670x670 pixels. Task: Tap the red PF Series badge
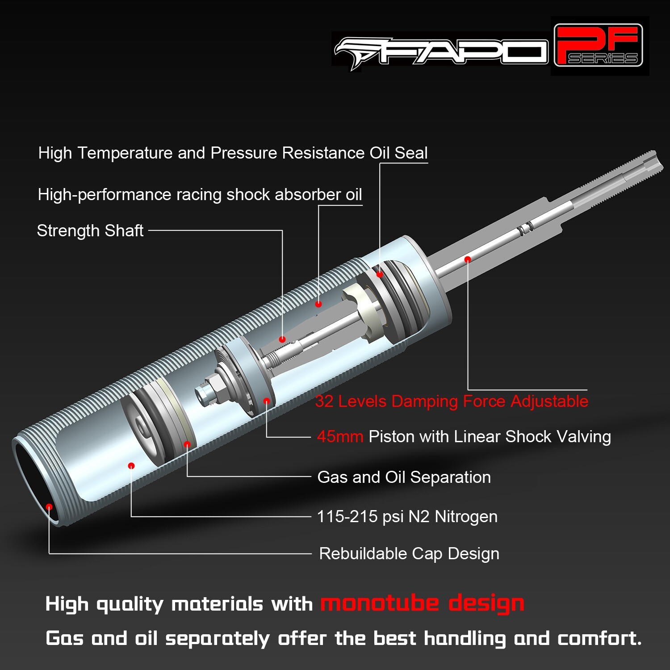(598, 46)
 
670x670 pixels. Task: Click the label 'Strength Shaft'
(90, 231)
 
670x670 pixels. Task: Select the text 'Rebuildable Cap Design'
(409, 554)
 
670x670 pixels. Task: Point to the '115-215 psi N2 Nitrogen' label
(407, 517)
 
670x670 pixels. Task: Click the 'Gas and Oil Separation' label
(404, 477)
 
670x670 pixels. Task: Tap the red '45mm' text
(340, 436)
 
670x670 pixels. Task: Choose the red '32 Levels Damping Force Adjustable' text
(452, 401)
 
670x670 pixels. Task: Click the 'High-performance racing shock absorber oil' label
(200, 195)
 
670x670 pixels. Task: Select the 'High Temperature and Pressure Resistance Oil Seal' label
(233, 153)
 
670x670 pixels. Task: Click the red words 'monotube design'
(422, 603)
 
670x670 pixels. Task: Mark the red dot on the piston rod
(467, 260)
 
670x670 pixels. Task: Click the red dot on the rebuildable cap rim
(50, 507)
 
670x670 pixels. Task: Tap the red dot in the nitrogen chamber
(131, 466)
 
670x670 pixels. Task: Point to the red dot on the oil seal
(379, 274)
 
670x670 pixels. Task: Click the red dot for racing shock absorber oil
(318, 304)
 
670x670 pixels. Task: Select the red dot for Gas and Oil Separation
(187, 444)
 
